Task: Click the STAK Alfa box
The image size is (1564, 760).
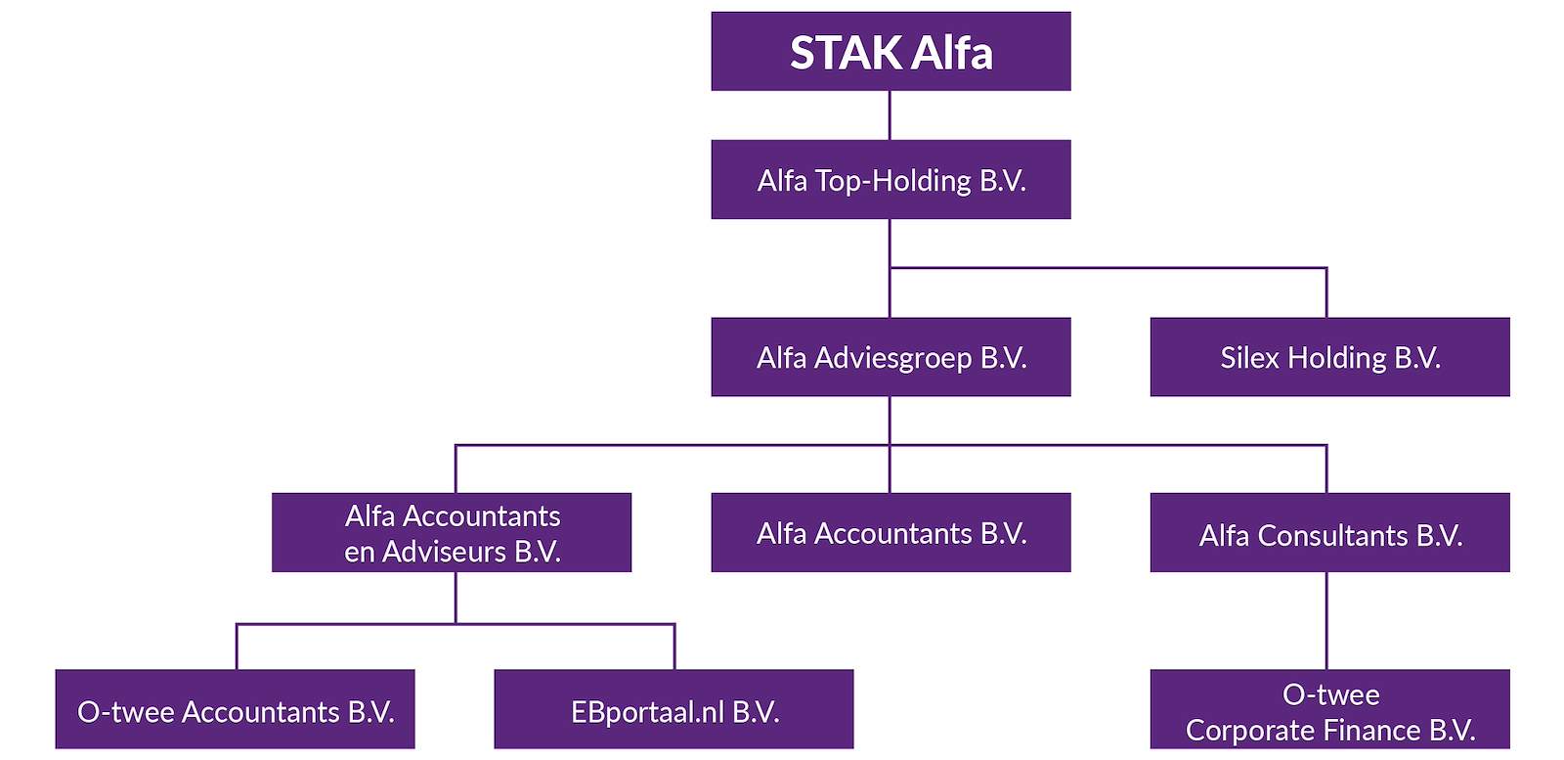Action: point(891,51)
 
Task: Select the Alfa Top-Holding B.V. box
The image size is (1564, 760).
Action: point(891,180)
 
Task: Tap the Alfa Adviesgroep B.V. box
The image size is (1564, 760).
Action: point(891,357)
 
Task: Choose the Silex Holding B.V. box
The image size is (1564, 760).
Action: point(1330,357)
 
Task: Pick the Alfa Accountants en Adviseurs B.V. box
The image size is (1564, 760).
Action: point(452,532)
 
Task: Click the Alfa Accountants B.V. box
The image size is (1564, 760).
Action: point(891,532)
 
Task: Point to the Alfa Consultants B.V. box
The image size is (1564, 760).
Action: point(1330,532)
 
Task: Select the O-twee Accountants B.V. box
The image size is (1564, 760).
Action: point(236,709)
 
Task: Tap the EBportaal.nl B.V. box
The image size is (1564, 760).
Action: point(673,709)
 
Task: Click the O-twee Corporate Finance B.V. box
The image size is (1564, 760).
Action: point(1330,709)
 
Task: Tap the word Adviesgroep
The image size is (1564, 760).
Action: point(893,359)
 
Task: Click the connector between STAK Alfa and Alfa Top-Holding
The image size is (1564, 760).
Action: point(890,115)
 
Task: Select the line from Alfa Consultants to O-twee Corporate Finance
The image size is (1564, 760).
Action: point(1326,621)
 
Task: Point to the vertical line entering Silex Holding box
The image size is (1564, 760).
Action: point(1326,292)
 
